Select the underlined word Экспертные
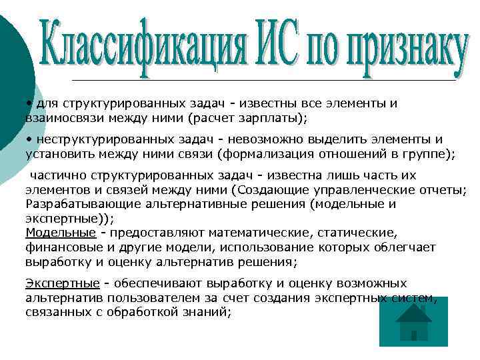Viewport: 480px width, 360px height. (x=63, y=283)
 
